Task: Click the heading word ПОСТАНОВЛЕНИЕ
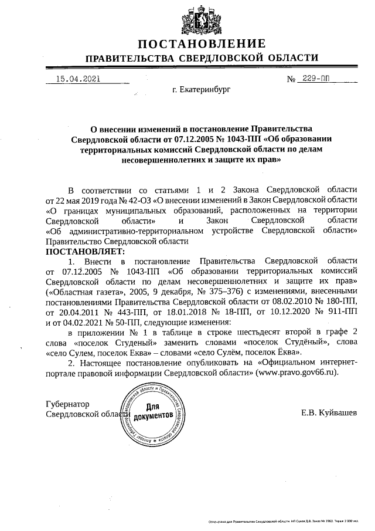(x=202, y=44)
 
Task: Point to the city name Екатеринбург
(x=202, y=91)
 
